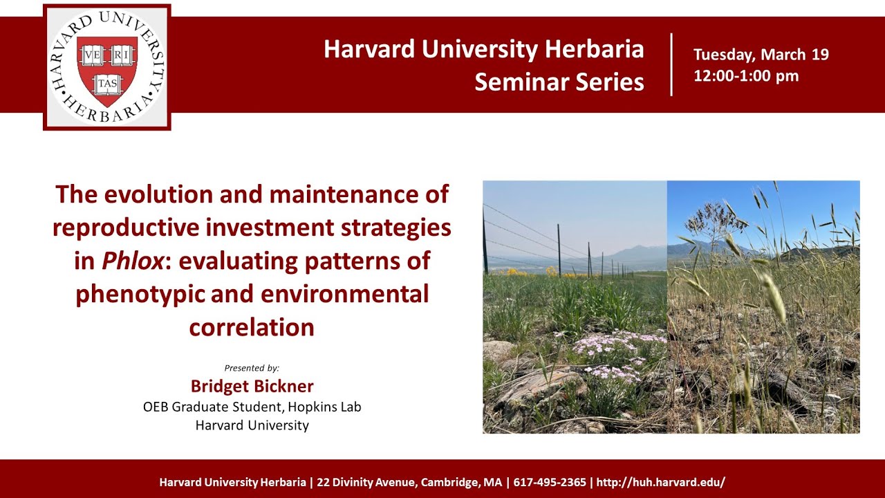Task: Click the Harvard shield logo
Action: pos(106,67)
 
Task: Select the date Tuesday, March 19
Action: pos(761,55)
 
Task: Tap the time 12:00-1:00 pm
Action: pos(746,76)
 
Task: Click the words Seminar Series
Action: pos(559,82)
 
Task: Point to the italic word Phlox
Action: pos(125,261)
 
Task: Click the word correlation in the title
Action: pos(252,327)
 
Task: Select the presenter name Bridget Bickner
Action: pos(252,386)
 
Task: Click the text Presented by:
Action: pos(252,368)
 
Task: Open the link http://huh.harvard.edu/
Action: pos(660,482)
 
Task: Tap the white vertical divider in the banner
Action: pos(671,64)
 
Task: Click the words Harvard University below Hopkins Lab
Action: pos(252,425)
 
